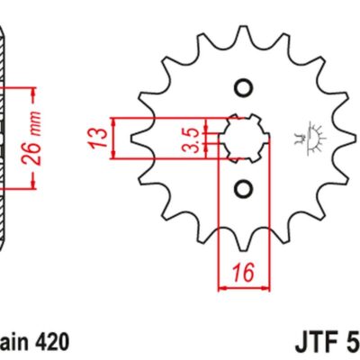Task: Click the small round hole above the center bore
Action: [242, 88]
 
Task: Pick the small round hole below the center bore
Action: [242, 188]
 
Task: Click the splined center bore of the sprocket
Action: [242, 138]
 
